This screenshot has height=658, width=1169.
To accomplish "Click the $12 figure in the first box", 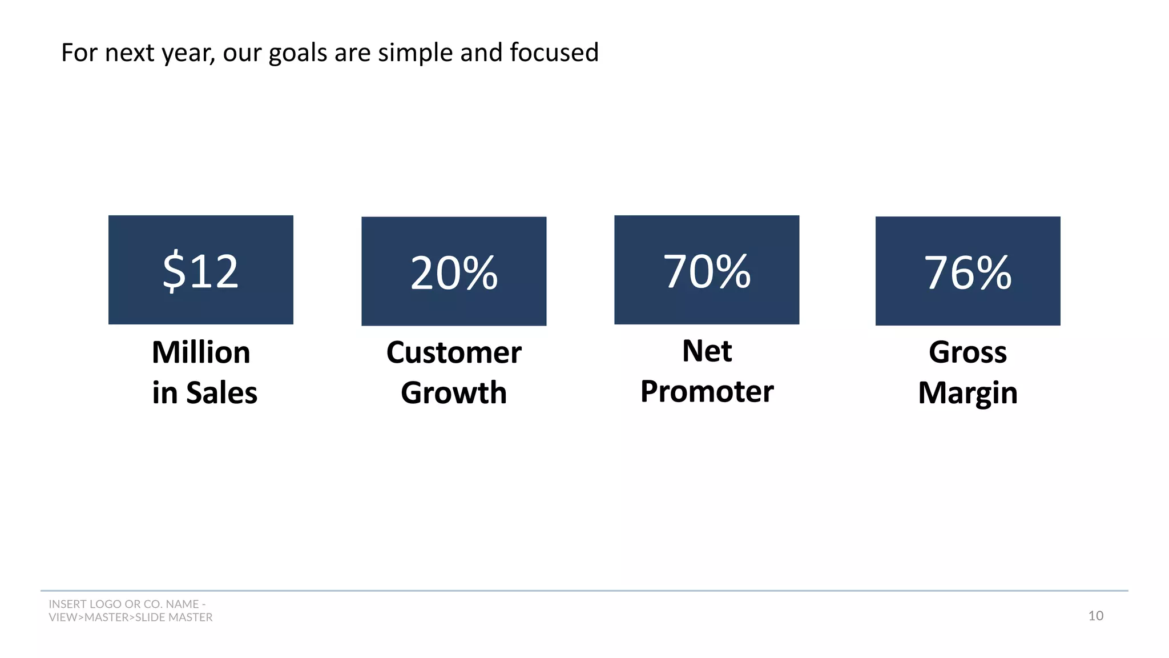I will pyautogui.click(x=200, y=271).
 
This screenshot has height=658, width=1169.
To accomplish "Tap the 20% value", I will pyautogui.click(x=454, y=273).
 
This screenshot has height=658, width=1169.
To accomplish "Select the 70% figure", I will pyautogui.click(x=707, y=271).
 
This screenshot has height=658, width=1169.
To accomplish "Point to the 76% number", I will pyautogui.click(x=968, y=273).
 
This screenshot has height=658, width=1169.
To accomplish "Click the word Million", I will pyautogui.click(x=201, y=352).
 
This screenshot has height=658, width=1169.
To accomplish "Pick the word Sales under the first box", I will pyautogui.click(x=221, y=393).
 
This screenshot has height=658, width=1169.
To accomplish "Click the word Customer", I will pyautogui.click(x=454, y=352).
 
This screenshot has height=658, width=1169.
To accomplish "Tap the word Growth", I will pyautogui.click(x=454, y=393).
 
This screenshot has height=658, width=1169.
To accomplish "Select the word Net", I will pyautogui.click(x=707, y=351).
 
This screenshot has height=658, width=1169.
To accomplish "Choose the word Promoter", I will pyautogui.click(x=707, y=392).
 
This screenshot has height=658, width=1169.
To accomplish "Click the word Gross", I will pyautogui.click(x=968, y=352).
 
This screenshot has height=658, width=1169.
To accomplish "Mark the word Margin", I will pyautogui.click(x=968, y=393).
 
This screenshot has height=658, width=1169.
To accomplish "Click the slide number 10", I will pyautogui.click(x=1095, y=616).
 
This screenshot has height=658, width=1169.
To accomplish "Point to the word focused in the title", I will pyautogui.click(x=554, y=53).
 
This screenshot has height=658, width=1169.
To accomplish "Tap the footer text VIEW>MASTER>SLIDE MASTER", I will pyautogui.click(x=130, y=617).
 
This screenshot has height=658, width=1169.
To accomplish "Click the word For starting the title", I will pyautogui.click(x=79, y=53).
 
